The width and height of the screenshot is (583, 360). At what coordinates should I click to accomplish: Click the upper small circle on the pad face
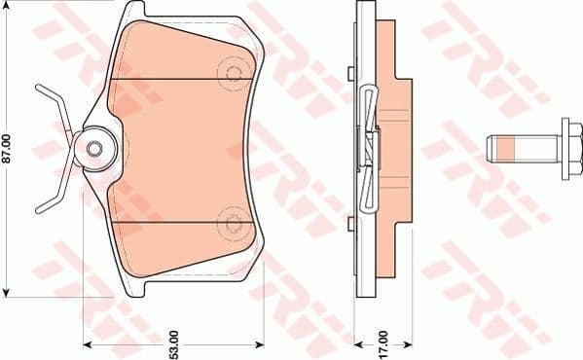coord(233,73)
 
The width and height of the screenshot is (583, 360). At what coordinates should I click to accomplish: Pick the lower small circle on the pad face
coord(233,223)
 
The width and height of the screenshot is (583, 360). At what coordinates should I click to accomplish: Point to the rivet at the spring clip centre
coord(95,148)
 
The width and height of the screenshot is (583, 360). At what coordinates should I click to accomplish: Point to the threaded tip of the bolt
coord(490,149)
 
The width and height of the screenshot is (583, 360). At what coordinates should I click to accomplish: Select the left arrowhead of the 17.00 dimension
coord(356,343)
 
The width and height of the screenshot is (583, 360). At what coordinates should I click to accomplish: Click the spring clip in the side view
coord(367,146)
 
